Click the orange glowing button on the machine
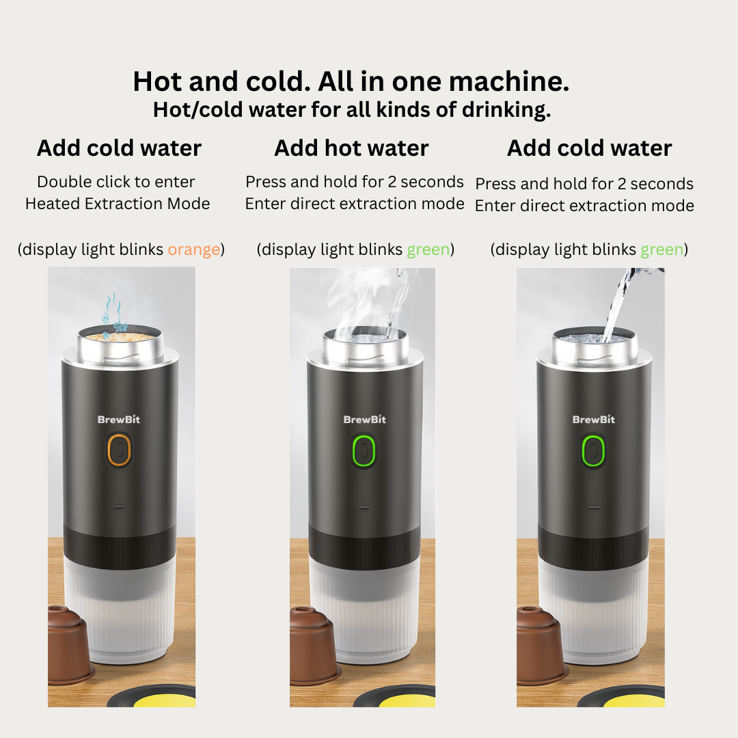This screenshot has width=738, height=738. coord(119,450)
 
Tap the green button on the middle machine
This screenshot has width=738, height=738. coord(364,451)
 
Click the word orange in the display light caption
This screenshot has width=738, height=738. coord(194,249)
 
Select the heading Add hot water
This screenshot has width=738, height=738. coord(351,148)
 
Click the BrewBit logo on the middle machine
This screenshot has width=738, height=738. coord(365,420)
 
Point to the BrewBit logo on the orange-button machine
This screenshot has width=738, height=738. coord(119,420)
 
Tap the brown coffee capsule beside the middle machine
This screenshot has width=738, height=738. coord(314,646)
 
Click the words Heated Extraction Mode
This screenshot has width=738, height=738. coord(118,204)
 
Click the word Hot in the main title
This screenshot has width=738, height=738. coord(157,81)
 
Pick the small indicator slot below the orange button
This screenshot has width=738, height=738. coord(119,507)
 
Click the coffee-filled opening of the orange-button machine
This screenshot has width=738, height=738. coord(120,336)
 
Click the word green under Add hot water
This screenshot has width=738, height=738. coord(428,249)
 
